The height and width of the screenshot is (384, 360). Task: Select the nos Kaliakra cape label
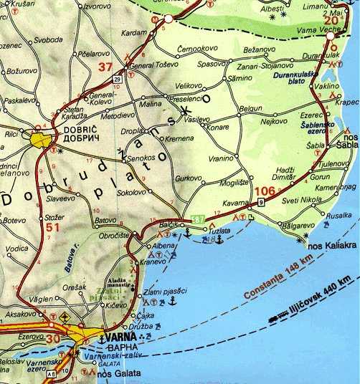[x=331, y=246]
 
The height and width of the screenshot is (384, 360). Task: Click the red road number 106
[x=265, y=191]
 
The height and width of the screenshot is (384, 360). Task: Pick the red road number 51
[x=32, y=228]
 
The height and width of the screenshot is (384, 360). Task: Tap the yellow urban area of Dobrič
[x=42, y=138]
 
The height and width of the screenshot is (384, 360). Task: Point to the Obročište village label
[x=113, y=235]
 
